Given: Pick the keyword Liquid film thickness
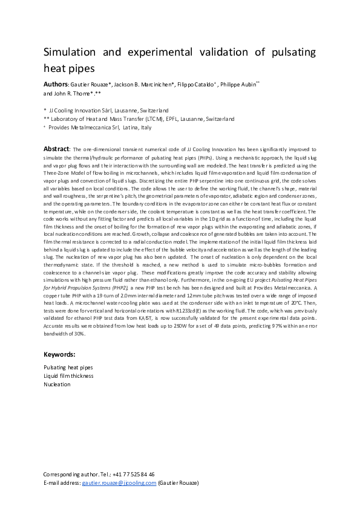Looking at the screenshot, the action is [68, 375].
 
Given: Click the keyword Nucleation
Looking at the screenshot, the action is [57, 384].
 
